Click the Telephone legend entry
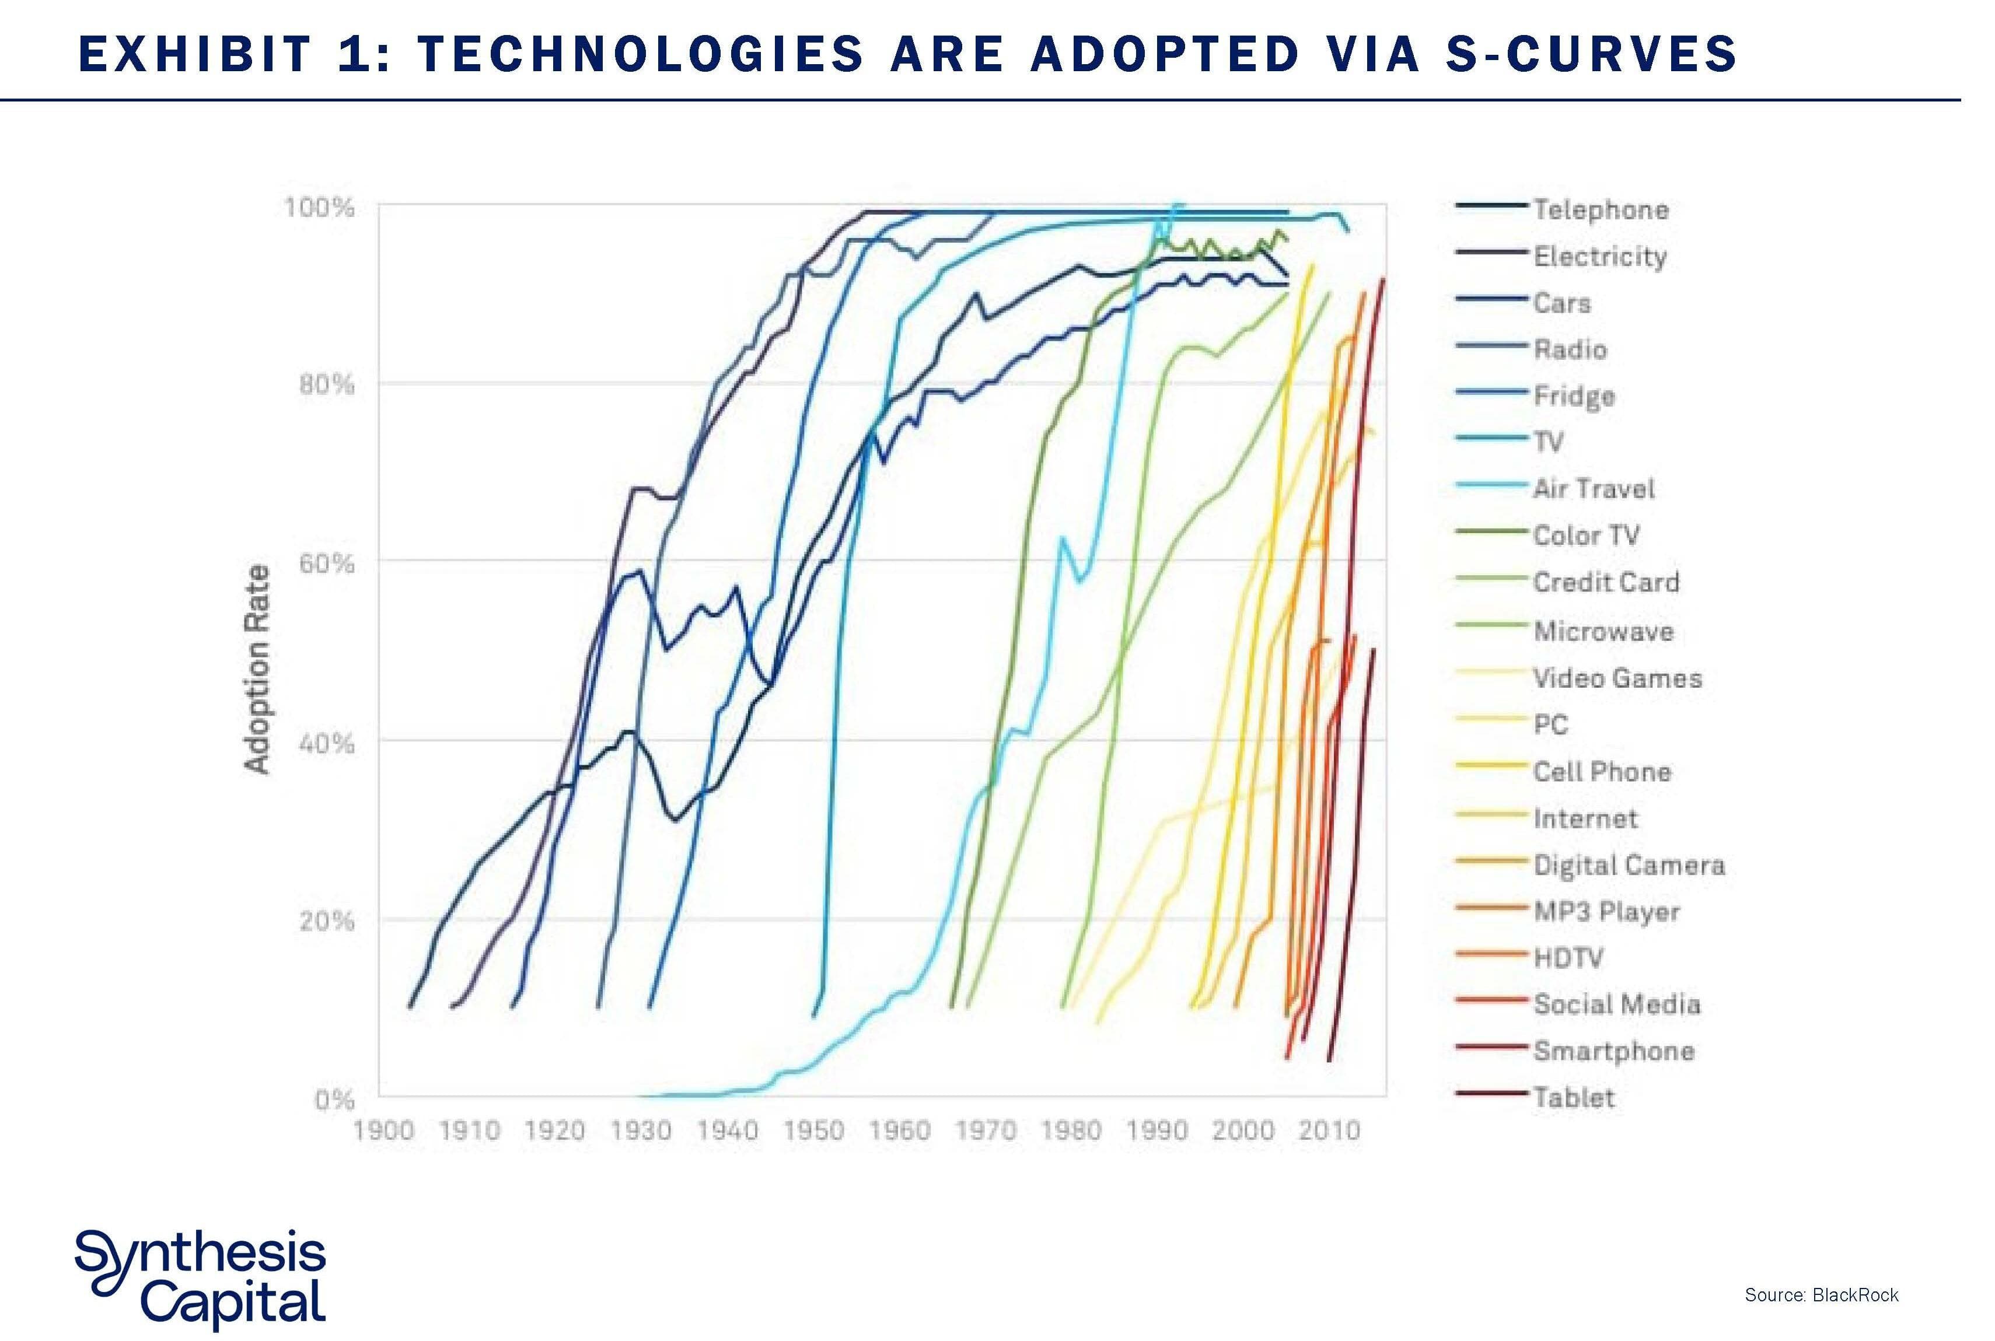[1600, 209]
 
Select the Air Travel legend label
[1593, 488]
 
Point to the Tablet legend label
[1573, 1097]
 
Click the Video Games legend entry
[1617, 678]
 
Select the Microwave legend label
[1602, 631]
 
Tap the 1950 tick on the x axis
[813, 1130]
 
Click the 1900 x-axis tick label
[383, 1130]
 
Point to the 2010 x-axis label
[1329, 1130]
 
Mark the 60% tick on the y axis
[326, 563]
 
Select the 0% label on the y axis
[334, 1099]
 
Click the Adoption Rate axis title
[257, 670]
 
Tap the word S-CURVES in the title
[1591, 53]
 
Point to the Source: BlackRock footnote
[1821, 1295]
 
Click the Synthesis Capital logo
[200, 1279]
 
